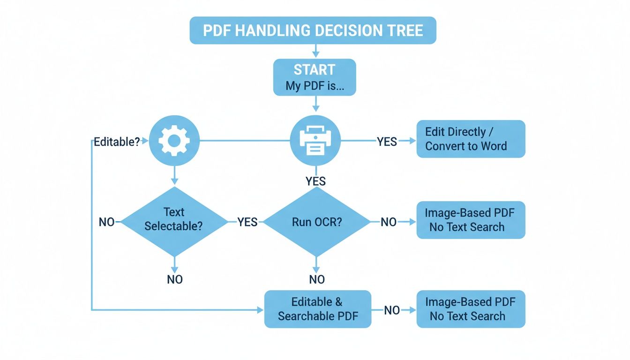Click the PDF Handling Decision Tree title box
click(x=313, y=30)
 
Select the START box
click(x=315, y=77)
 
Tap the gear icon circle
click(x=174, y=139)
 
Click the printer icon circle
click(x=315, y=140)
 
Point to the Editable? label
click(x=117, y=142)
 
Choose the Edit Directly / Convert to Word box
click(x=471, y=139)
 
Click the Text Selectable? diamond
click(x=174, y=221)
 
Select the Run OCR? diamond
click(x=317, y=221)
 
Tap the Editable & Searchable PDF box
click(x=318, y=309)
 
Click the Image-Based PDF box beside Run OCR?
click(x=471, y=220)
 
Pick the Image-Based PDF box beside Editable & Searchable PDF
click(x=471, y=309)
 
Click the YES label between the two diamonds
click(x=247, y=222)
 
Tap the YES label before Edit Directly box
click(x=387, y=141)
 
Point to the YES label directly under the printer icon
click(x=315, y=181)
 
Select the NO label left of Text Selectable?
click(x=106, y=222)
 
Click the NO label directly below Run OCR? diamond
click(x=317, y=280)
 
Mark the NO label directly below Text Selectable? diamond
click(x=174, y=280)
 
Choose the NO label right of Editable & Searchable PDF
click(x=392, y=310)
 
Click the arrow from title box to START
click(x=315, y=51)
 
